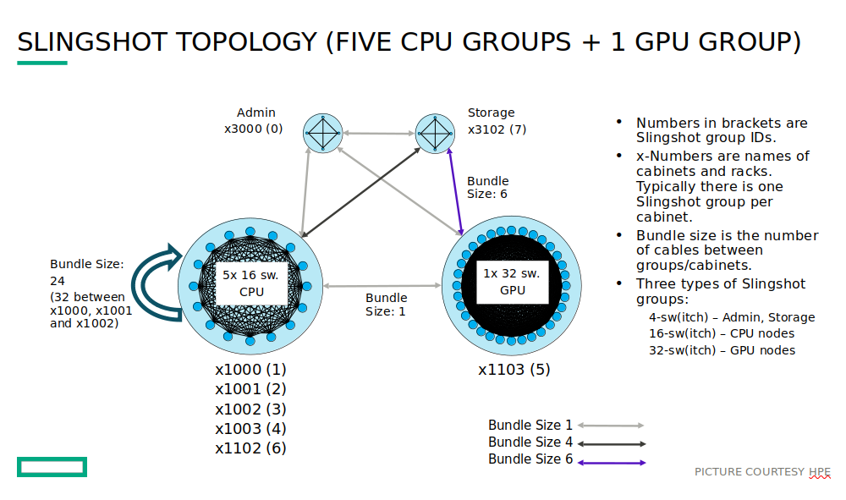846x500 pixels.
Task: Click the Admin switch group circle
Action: coord(323,133)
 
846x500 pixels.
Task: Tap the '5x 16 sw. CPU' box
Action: coord(251,283)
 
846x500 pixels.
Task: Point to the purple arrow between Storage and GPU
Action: coord(455,191)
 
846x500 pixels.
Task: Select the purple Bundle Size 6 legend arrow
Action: coord(611,462)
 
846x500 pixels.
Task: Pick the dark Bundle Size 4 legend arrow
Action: coord(611,443)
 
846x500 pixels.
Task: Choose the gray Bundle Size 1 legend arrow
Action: coord(611,426)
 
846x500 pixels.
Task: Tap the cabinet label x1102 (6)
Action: coord(250,448)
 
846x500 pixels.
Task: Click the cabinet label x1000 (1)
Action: coord(250,370)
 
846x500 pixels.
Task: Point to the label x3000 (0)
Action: coord(253,129)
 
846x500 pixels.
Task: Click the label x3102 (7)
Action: coord(497,129)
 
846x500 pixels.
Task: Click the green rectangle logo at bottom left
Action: coord(52,466)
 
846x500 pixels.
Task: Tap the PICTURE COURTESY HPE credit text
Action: coord(762,471)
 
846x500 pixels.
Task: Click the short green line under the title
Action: coord(42,63)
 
